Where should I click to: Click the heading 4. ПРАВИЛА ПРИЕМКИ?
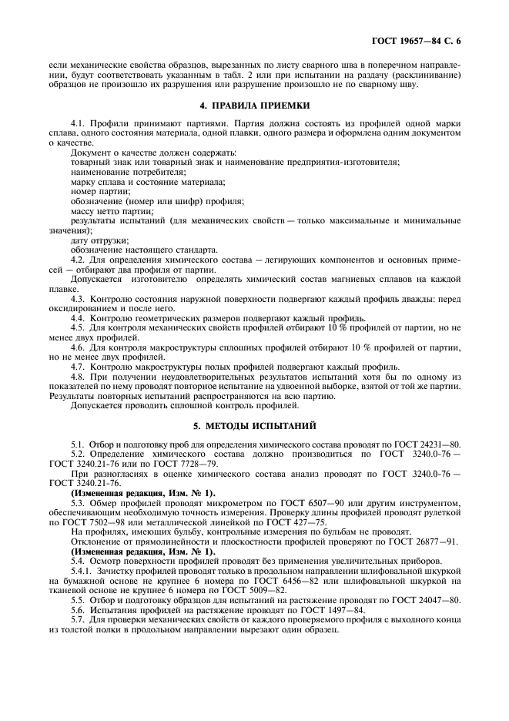pos(254,105)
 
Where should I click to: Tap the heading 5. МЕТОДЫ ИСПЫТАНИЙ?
pos(254,426)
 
